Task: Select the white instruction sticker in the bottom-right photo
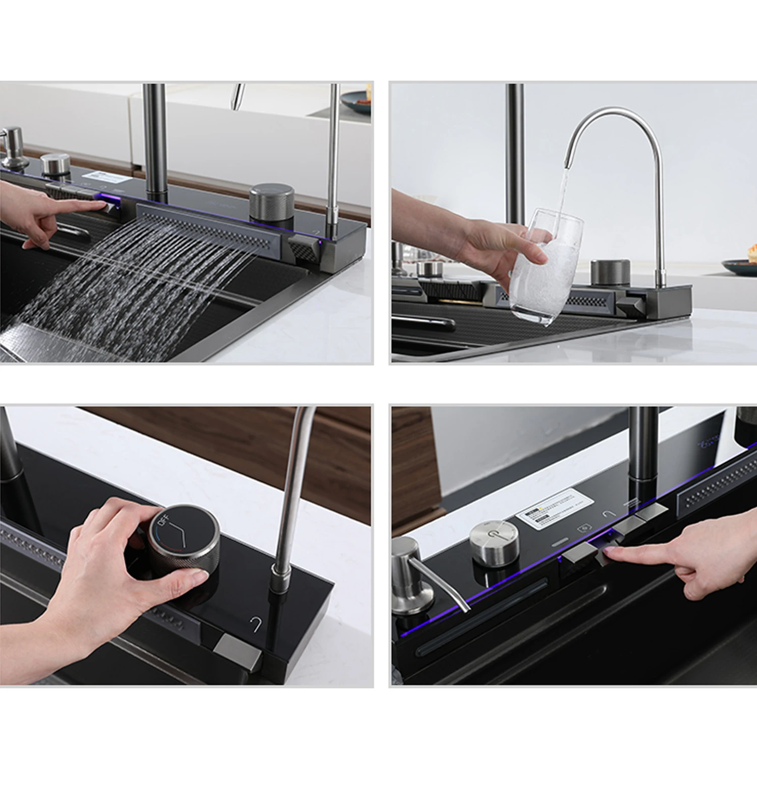tap(554, 508)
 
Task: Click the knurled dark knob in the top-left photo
tap(272, 201)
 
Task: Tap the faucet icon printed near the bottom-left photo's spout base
tap(255, 624)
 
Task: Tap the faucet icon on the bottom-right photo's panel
tap(609, 515)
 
